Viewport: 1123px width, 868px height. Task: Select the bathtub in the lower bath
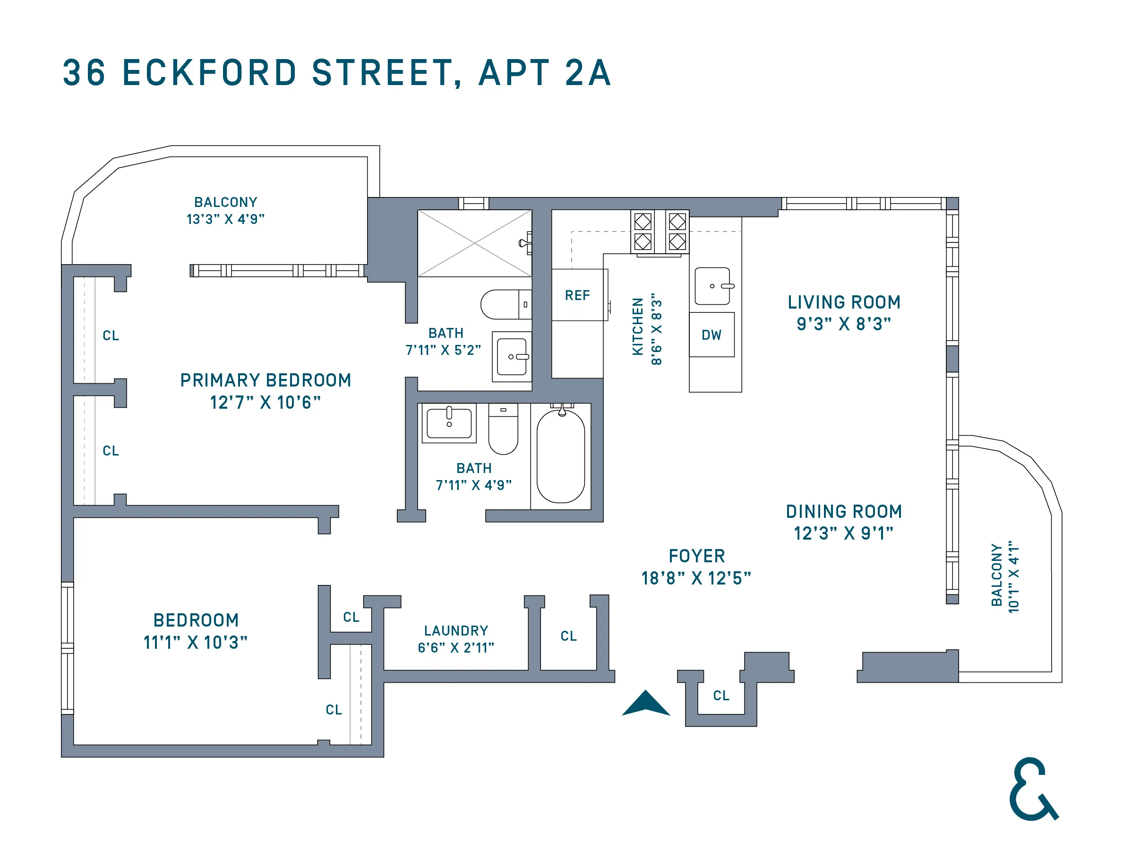[560, 456]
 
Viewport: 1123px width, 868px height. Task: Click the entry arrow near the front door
[646, 703]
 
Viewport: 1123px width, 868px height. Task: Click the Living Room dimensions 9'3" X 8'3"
[843, 324]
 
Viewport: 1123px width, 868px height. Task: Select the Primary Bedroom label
[266, 380]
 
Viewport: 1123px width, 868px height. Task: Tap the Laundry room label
[455, 630]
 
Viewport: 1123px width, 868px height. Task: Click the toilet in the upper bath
[504, 304]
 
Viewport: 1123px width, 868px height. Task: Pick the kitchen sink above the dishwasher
[712, 286]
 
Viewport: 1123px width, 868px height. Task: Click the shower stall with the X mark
[474, 243]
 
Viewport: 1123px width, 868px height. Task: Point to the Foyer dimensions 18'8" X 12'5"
[696, 578]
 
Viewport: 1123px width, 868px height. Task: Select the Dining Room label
[843, 512]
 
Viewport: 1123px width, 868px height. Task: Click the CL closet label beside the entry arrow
[721, 696]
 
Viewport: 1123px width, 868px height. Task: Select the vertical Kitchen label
[638, 326]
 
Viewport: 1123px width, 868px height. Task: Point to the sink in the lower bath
[449, 423]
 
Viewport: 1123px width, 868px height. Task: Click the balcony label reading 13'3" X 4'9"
[225, 219]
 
